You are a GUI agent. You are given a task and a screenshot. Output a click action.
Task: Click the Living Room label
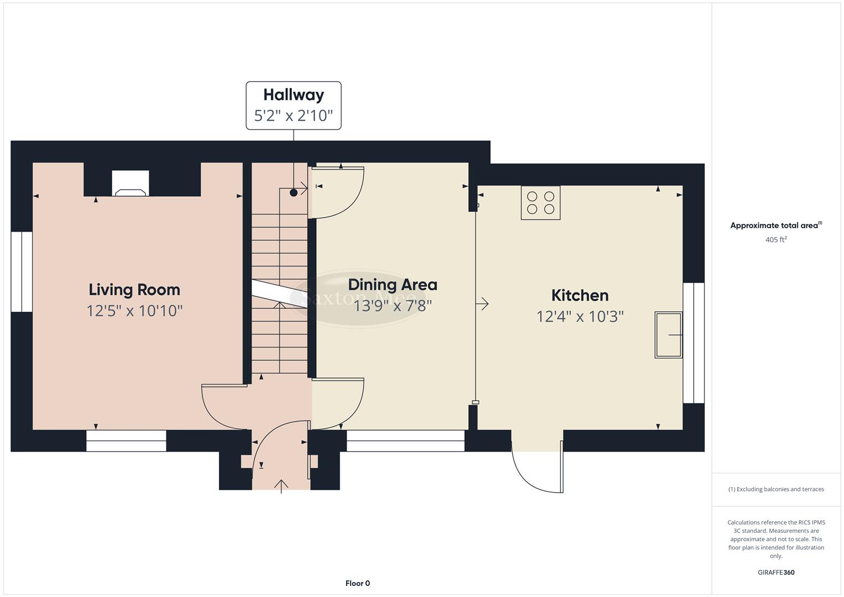[134, 290]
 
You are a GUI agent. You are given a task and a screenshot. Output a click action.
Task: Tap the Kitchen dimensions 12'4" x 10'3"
[580, 316]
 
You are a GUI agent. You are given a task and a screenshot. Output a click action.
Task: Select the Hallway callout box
[293, 106]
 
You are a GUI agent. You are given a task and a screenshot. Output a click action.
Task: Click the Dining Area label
[392, 285]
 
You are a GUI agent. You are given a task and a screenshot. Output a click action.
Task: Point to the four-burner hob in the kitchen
[541, 203]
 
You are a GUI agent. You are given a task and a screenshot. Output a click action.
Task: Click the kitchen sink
[668, 334]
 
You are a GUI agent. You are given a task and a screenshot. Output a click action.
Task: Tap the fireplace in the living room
[130, 184]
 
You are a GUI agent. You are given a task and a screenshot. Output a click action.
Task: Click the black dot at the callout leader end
[293, 192]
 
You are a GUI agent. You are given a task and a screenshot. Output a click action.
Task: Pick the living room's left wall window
[22, 271]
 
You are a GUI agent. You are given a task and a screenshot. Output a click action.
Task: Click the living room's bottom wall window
[126, 441]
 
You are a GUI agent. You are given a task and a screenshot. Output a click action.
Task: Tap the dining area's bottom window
[405, 441]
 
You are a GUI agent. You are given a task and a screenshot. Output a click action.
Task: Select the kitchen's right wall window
[694, 343]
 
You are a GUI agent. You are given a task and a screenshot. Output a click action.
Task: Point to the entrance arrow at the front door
[281, 486]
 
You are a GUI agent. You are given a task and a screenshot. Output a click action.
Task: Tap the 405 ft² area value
[775, 240]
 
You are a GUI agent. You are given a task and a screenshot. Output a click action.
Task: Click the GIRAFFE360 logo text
[775, 572]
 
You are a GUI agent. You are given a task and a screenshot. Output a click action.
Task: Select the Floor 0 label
[358, 583]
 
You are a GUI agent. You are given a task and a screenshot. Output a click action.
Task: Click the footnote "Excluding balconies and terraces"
[775, 489]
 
